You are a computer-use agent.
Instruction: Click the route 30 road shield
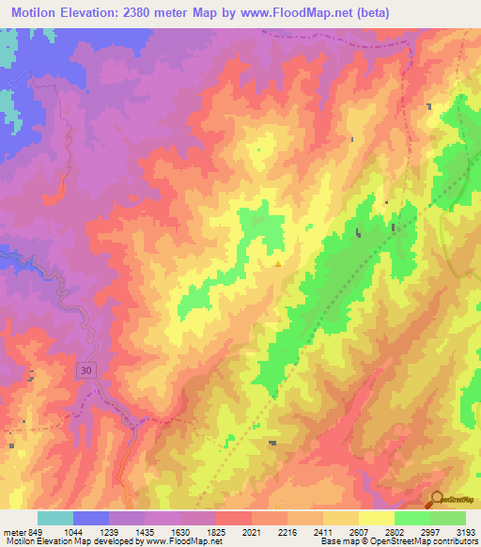[85, 371]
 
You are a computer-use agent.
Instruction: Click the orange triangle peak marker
[277, 264]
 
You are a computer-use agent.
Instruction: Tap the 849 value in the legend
[32, 531]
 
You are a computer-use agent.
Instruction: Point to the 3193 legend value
[464, 531]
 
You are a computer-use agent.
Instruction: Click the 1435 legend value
[144, 531]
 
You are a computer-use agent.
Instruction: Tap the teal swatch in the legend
[55, 518]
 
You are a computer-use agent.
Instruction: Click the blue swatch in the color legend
[91, 518]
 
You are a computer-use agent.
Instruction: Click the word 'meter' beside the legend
[11, 531]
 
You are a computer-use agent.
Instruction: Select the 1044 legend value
[72, 531]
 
